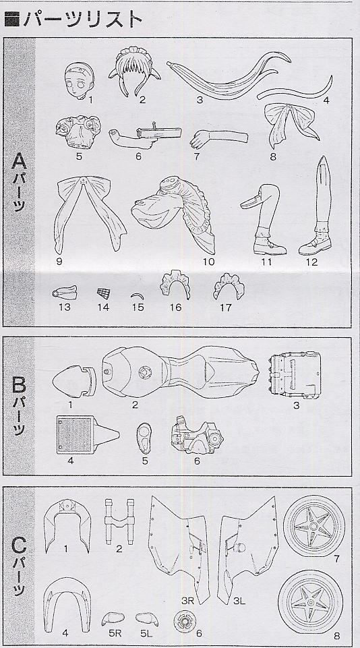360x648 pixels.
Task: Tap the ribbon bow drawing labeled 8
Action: [291, 123]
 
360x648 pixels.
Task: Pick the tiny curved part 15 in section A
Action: [138, 295]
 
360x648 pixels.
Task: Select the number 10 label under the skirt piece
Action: [209, 262]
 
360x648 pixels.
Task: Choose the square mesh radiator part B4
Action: [88, 435]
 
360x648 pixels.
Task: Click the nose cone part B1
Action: [74, 381]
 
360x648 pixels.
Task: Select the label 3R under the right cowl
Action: [188, 601]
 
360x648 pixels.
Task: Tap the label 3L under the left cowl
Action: [239, 601]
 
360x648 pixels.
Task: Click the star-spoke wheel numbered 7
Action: [314, 526]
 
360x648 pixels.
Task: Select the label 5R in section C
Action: [113, 632]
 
